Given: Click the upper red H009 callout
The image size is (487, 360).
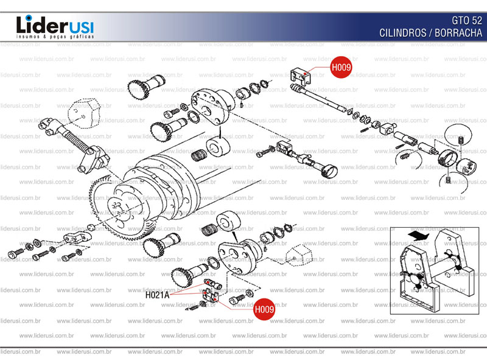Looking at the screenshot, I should pyautogui.click(x=341, y=68).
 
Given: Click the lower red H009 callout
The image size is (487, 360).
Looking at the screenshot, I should pyautogui.click(x=264, y=309).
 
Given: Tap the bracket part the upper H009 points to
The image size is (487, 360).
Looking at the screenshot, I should pyautogui.click(x=300, y=77).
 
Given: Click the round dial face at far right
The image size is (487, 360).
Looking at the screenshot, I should pyautogui.click(x=468, y=166).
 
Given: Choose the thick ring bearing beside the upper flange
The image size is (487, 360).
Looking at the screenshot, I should pyautogui.click(x=217, y=147).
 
